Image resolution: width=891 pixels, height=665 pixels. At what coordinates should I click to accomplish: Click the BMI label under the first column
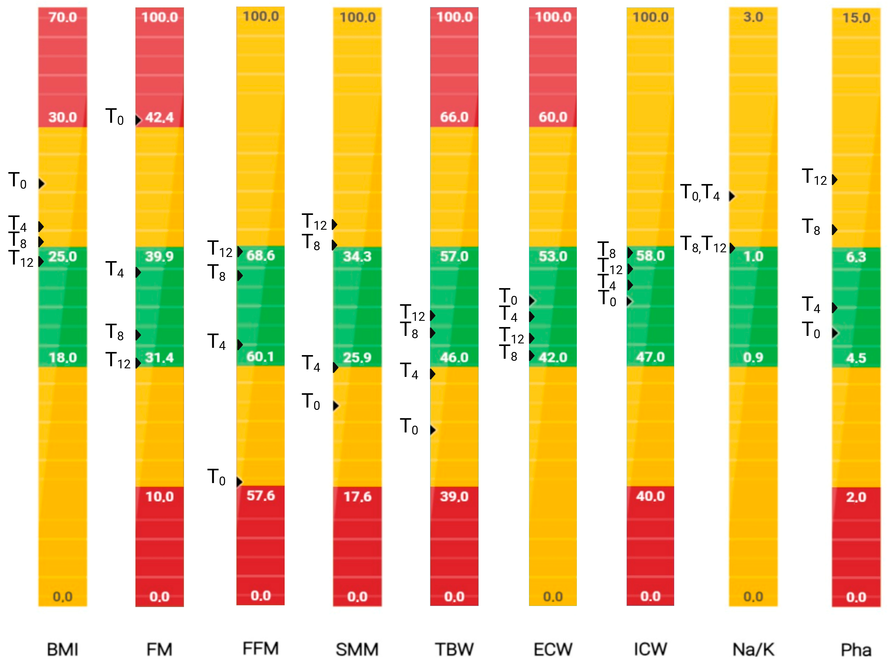pyautogui.click(x=62, y=649)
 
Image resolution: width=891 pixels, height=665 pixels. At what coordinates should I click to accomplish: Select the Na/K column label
pyautogui.click(x=753, y=649)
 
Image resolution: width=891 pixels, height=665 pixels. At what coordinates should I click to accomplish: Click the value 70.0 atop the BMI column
pyautogui.click(x=62, y=17)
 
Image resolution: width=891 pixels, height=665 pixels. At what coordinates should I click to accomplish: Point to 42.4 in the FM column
pyautogui.click(x=159, y=118)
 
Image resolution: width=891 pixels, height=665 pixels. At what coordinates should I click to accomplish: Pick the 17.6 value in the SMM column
pyautogui.click(x=357, y=496)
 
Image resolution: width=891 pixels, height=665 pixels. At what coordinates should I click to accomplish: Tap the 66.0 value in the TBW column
pyautogui.click(x=454, y=117)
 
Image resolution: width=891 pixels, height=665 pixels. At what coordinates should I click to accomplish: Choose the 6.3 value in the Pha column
pyautogui.click(x=856, y=257)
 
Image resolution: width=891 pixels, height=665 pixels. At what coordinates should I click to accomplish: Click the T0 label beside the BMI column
pyautogui.click(x=18, y=181)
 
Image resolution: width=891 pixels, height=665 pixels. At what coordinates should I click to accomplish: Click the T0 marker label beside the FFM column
pyautogui.click(x=216, y=477)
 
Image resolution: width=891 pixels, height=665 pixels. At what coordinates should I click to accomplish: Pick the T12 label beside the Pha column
pyautogui.click(x=814, y=177)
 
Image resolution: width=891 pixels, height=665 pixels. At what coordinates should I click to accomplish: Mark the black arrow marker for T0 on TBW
pyautogui.click(x=433, y=430)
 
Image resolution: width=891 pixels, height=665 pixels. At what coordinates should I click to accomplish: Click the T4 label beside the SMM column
pyautogui.click(x=311, y=363)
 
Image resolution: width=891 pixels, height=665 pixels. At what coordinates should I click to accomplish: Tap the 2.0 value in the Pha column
pyautogui.click(x=856, y=497)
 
